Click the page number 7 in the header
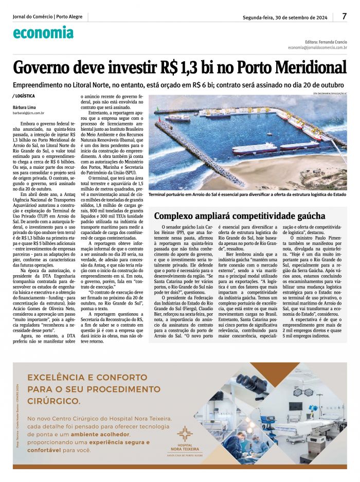point(344,16)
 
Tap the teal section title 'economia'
point(43,32)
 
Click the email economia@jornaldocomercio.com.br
point(317,47)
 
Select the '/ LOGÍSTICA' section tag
point(24,96)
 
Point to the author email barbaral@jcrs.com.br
point(29,112)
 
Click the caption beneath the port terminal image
point(247,195)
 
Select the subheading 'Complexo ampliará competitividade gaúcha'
point(240,216)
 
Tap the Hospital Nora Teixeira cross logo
point(185,433)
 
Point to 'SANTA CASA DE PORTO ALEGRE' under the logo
point(185,455)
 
